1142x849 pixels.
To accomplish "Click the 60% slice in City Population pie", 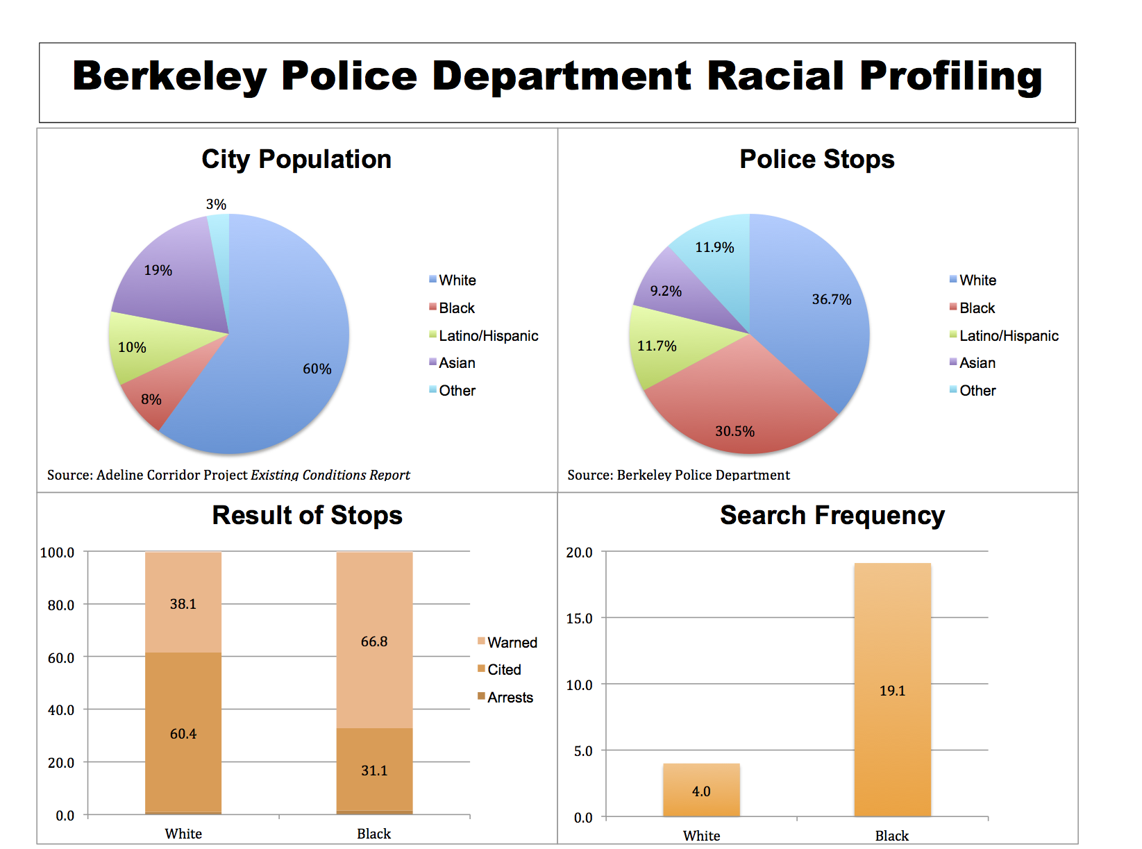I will tap(292, 347).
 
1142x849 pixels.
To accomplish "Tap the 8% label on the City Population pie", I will tap(151, 399).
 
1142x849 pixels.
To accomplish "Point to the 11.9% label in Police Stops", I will tap(714, 247).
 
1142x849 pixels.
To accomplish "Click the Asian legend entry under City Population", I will tap(456, 363).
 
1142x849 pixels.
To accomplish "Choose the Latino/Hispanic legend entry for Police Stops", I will tap(1008, 336).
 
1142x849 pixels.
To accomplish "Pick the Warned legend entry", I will tap(512, 643).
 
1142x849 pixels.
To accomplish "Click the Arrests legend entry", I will tap(510, 698).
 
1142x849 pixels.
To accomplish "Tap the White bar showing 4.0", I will tap(701, 790).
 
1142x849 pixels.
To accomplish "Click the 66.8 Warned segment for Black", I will tap(374, 641).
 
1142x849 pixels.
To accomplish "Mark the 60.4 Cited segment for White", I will tap(183, 733).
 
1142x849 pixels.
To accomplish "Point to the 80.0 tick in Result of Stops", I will tap(61, 605).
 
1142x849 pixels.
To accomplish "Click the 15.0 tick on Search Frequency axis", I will tap(579, 619).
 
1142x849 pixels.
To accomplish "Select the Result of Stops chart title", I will tap(307, 515).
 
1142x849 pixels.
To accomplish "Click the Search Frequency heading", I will tap(832, 515).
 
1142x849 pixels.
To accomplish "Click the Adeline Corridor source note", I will tap(228, 475).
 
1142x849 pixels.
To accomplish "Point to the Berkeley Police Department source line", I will tap(678, 475).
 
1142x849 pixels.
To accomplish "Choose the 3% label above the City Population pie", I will tap(216, 204).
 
